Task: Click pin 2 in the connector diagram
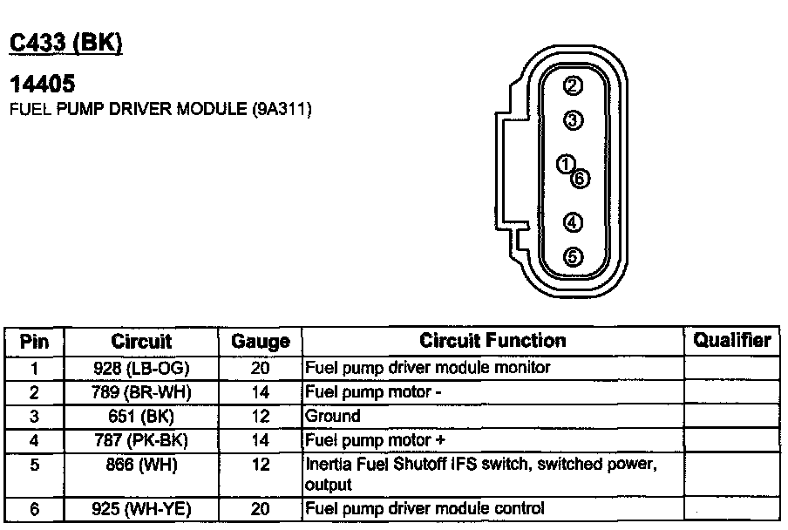[x=573, y=85]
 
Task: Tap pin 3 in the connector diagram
[x=573, y=120]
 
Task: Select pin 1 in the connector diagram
[x=566, y=164]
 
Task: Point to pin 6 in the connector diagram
[x=581, y=178]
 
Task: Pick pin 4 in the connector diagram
[x=573, y=223]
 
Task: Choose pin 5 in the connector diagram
[x=573, y=257]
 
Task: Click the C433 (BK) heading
[x=65, y=44]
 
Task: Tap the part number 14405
[x=41, y=85]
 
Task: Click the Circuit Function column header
[x=492, y=341]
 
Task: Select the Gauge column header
[x=260, y=342]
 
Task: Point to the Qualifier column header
[x=732, y=340]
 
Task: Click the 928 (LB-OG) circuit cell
[x=141, y=368]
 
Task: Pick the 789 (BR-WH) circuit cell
[x=141, y=392]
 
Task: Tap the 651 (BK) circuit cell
[x=141, y=417]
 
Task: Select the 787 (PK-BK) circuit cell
[x=141, y=440]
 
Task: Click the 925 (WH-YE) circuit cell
[x=141, y=508]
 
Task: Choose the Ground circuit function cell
[x=333, y=417]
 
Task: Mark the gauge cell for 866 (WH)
[x=260, y=465]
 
